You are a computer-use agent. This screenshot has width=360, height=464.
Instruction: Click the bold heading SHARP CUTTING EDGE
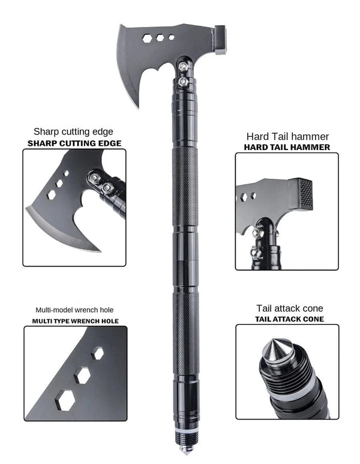coord(74,143)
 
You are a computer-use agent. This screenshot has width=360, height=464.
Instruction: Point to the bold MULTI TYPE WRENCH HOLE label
coord(75,321)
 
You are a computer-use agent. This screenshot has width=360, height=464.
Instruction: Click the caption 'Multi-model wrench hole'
coord(75,310)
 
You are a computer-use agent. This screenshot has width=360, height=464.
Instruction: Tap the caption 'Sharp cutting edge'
coord(73,131)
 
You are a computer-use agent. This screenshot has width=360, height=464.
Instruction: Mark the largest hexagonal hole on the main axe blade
coord(148,38)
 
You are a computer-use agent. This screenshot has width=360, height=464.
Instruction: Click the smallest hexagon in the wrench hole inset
coord(98,354)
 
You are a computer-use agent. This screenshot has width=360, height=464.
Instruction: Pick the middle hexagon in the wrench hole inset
coord(82,375)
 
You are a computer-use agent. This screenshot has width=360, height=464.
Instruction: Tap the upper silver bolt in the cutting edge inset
coord(94,178)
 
